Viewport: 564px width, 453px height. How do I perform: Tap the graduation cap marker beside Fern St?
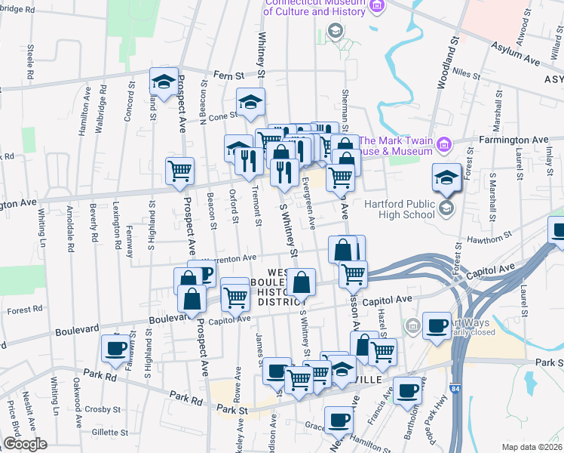pos(162,83)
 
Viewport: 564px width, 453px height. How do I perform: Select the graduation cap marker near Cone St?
pos(251,103)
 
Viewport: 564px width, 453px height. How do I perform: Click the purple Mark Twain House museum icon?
pos(445,143)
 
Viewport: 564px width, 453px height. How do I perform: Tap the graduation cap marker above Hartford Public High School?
pos(446,177)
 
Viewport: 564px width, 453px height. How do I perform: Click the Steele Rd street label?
pos(31,62)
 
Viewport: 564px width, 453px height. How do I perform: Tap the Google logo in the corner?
pos(25,444)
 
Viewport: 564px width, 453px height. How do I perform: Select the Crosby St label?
pos(103,409)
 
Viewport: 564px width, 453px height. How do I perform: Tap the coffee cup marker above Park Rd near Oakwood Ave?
pos(115,347)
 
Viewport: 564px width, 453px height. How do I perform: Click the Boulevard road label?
pos(78,330)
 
